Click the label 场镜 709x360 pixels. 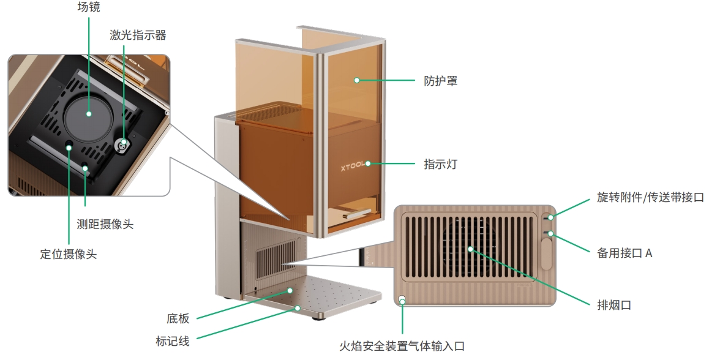point(89,8)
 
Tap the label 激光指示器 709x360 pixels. point(138,36)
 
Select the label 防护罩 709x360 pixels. point(440,81)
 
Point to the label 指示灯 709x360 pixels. point(440,164)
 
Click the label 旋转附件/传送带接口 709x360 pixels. point(651,198)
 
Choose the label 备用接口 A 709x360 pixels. point(625,252)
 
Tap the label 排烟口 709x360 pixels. point(613,304)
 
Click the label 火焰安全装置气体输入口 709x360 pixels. point(402,346)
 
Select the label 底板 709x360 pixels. point(178,318)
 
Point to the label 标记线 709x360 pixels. point(173,341)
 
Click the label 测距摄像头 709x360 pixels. point(105,224)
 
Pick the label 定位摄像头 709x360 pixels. point(69,253)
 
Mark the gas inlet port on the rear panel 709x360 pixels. point(402,300)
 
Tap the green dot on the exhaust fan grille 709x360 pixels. point(470,249)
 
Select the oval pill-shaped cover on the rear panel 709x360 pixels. point(546,253)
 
